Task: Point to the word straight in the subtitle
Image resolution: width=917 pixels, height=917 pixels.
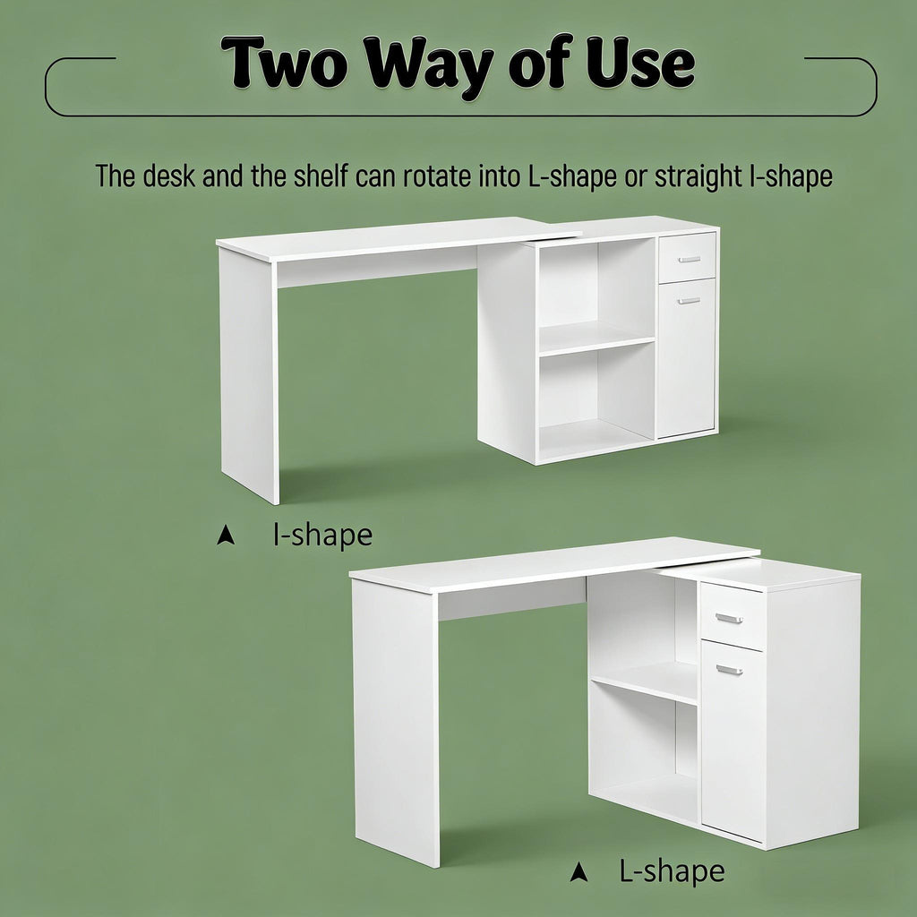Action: click(x=698, y=176)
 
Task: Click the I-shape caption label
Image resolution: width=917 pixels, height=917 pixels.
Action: click(x=322, y=535)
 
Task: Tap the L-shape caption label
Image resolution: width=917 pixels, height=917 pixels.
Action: click(x=672, y=870)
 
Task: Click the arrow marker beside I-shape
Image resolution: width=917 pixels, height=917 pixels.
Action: click(x=225, y=536)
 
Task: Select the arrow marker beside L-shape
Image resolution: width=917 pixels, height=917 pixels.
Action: click(x=578, y=871)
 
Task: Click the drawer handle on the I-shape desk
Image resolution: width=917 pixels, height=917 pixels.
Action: click(x=689, y=259)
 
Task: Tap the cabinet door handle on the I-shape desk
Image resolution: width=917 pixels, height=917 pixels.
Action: click(x=689, y=301)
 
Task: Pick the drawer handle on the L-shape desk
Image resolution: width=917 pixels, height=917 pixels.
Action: click(x=729, y=618)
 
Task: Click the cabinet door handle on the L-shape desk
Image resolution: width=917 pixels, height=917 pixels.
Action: click(x=729, y=670)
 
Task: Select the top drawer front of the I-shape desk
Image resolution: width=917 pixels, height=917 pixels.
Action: click(x=687, y=258)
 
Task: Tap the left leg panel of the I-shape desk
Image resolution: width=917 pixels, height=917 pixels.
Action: click(x=249, y=374)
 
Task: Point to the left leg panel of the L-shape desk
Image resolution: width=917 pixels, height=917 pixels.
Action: click(x=395, y=723)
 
